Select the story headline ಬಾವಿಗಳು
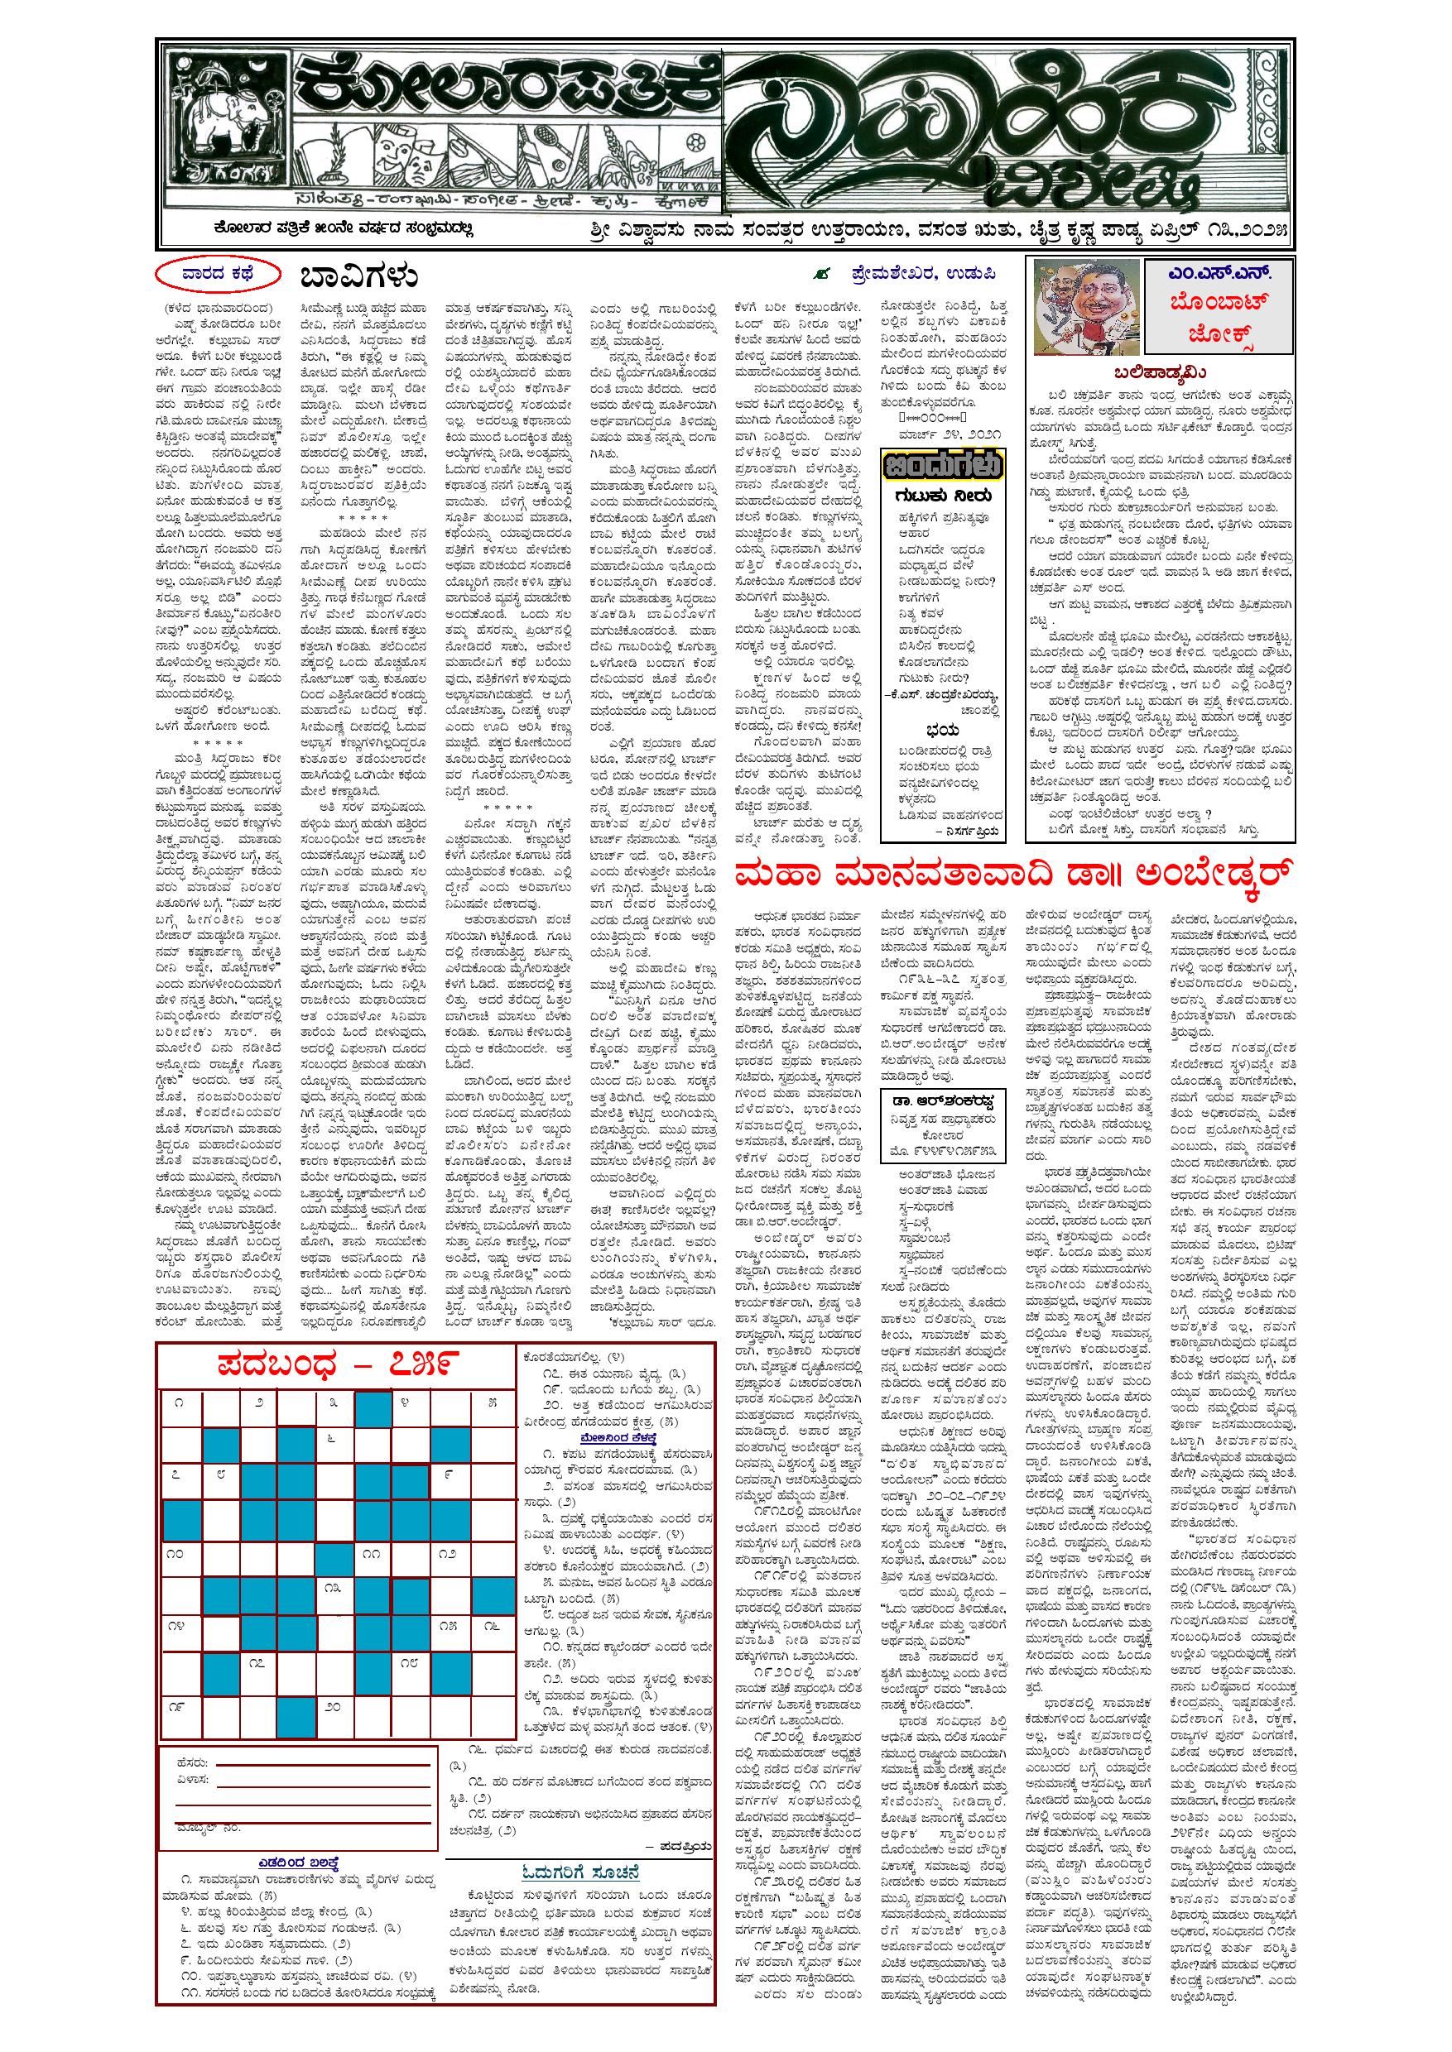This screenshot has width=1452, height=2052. (x=359, y=277)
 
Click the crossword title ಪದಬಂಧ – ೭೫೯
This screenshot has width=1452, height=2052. (x=336, y=1364)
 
